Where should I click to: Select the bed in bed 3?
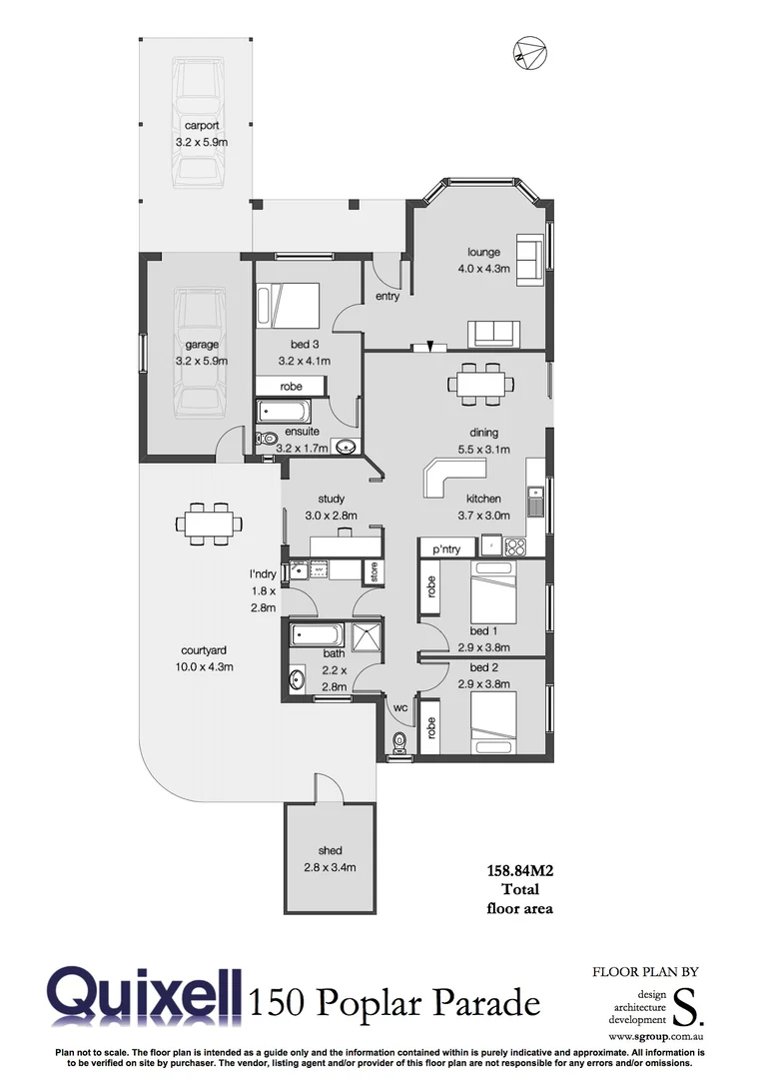point(289,305)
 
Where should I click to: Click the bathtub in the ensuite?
point(285,412)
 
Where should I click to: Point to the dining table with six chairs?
point(481,384)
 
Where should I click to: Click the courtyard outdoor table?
point(209,524)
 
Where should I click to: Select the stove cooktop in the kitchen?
point(515,546)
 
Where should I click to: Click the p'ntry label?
point(446,549)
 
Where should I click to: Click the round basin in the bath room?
point(298,680)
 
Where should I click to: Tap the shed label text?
point(330,850)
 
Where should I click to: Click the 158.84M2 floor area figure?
point(519,871)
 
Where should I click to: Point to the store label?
point(375,571)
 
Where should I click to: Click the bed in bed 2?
point(491,718)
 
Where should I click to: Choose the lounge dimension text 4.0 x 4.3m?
point(483,269)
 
